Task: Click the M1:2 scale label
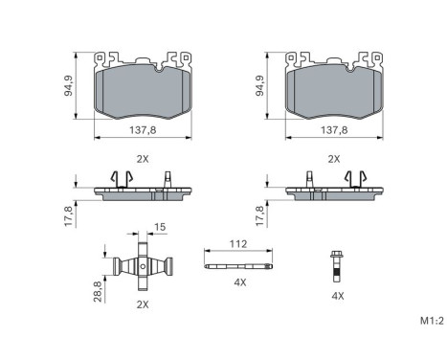point(432,321)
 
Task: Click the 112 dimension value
point(238,244)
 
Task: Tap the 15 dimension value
point(160,227)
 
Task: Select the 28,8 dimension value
point(98,291)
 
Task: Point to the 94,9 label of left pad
point(68,86)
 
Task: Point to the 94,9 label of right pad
point(260,86)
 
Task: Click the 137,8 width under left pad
point(143,130)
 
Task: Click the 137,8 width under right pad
point(334,130)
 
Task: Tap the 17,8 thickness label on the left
point(69,216)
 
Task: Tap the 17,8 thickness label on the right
point(260,216)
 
